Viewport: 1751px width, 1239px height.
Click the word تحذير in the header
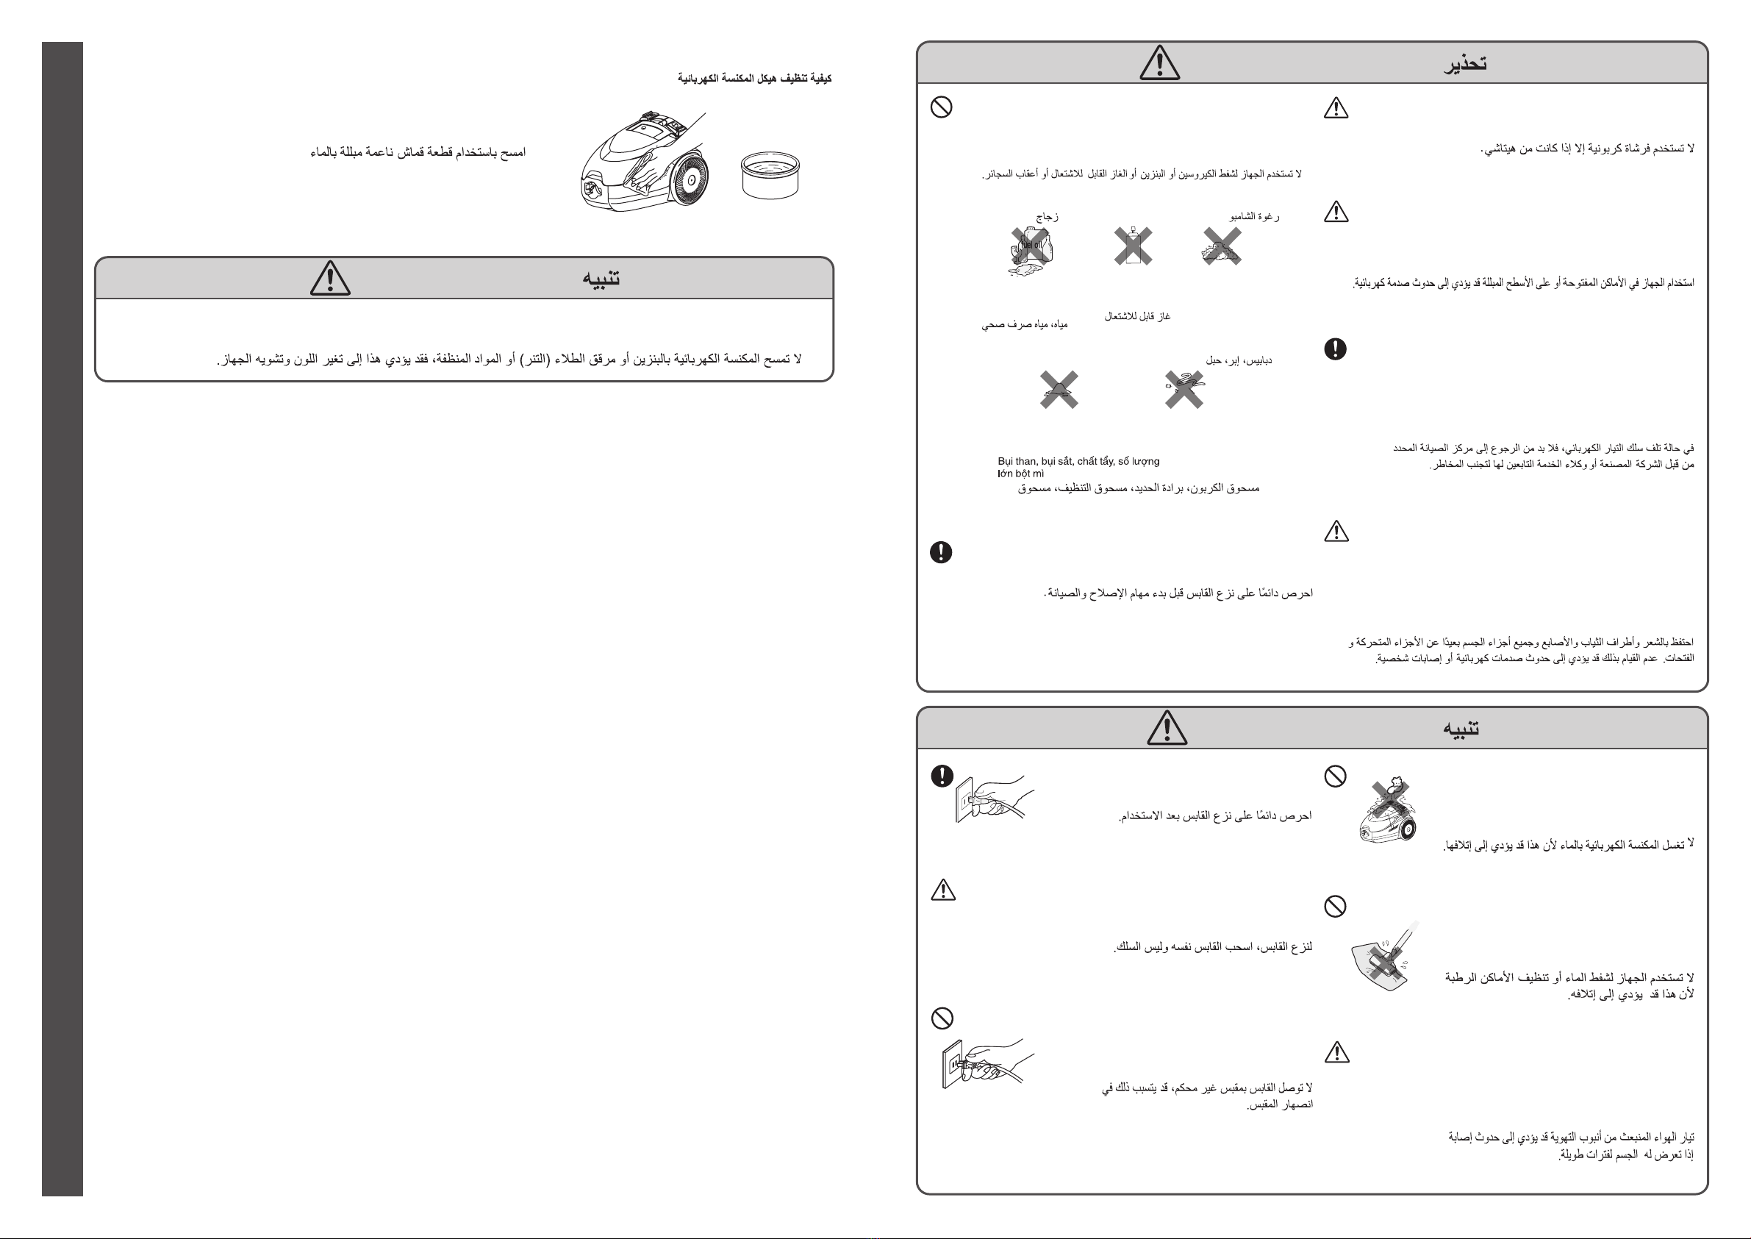(x=1465, y=63)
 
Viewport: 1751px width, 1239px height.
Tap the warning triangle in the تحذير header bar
(x=1159, y=63)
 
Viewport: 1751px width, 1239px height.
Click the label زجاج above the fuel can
(x=1047, y=217)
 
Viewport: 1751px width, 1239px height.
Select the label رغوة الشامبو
(x=1255, y=217)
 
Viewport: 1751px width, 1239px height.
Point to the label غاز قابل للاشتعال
(x=1137, y=316)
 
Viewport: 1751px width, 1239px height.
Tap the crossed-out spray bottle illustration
(x=1134, y=246)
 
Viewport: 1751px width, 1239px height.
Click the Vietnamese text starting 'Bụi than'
(x=1078, y=467)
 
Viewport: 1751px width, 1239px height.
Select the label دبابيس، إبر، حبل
(x=1239, y=360)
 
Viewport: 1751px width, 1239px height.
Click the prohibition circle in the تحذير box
(x=941, y=107)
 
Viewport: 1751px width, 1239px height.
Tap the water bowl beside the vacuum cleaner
(x=770, y=175)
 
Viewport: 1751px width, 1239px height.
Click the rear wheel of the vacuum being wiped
(x=689, y=180)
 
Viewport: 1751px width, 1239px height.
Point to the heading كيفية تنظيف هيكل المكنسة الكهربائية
(x=754, y=79)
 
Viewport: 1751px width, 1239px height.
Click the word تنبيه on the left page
(x=601, y=278)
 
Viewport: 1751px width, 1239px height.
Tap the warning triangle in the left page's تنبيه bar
(x=330, y=278)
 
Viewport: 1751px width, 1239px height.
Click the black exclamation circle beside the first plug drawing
(x=942, y=776)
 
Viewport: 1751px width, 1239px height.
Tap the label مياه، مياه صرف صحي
(x=1024, y=325)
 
